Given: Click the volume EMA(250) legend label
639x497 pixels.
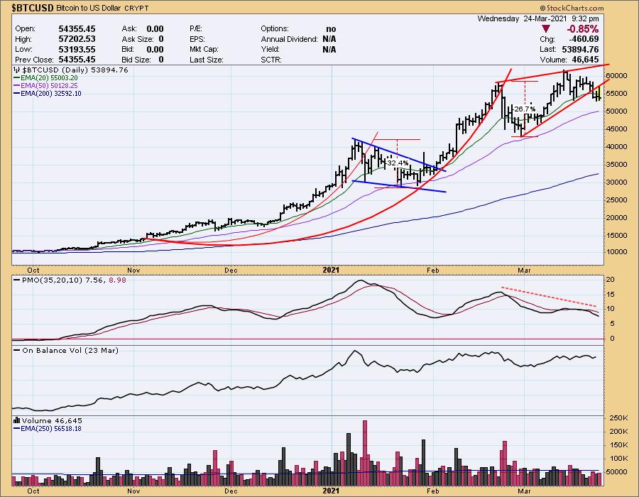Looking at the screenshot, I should click(x=52, y=428).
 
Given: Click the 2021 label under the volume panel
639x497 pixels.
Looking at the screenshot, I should click(x=332, y=491).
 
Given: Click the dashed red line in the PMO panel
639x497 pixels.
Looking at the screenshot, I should click(x=547, y=297).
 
